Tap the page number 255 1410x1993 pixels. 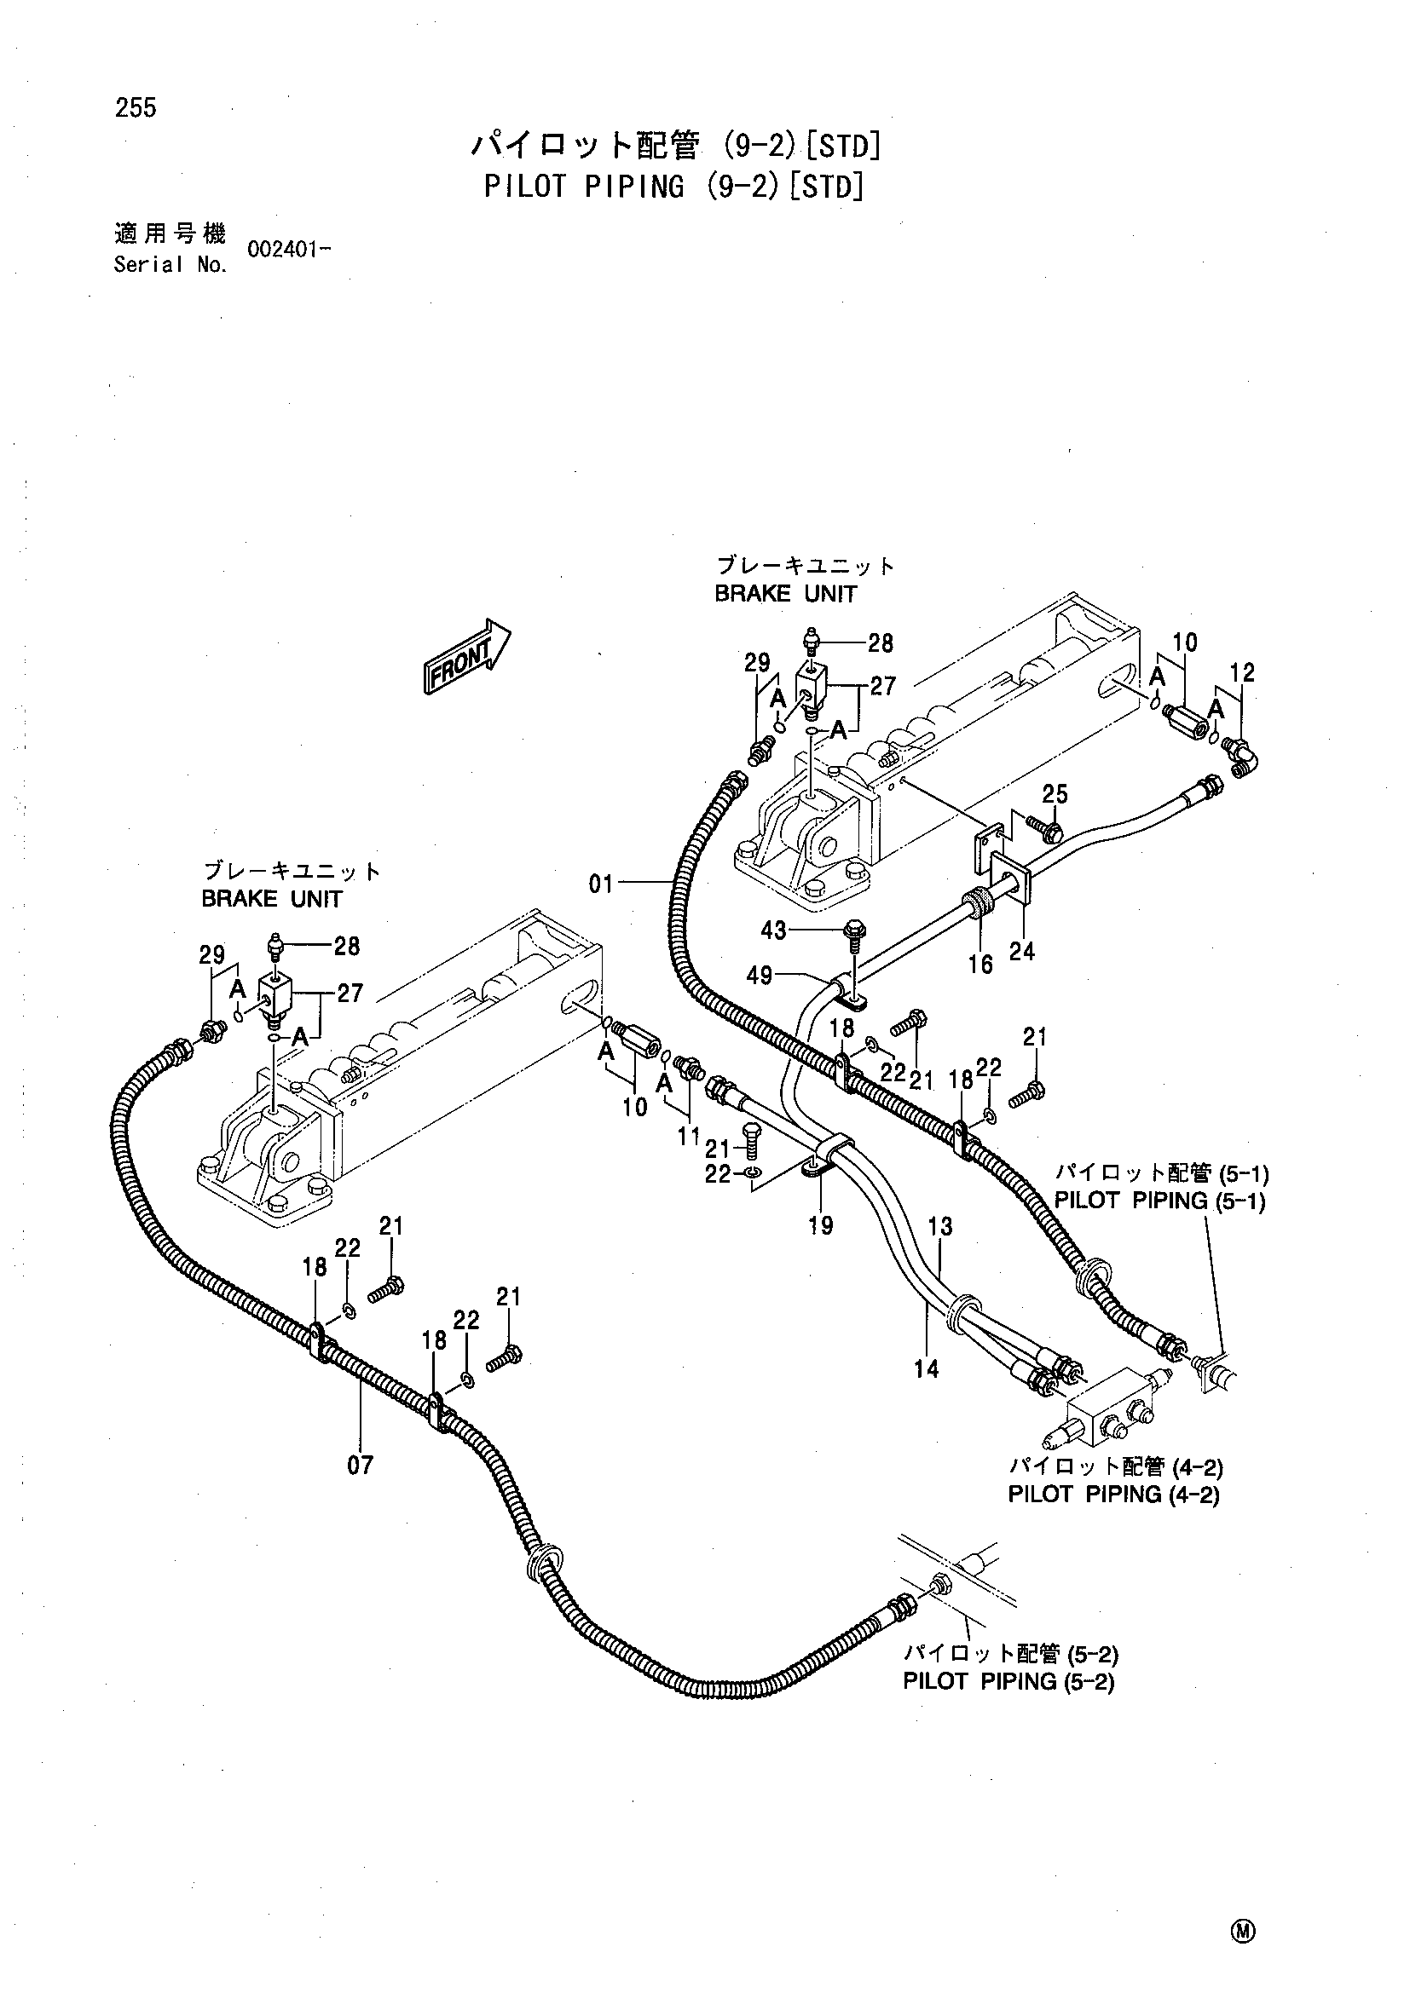[136, 107]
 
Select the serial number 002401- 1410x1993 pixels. [289, 250]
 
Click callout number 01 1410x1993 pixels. [601, 884]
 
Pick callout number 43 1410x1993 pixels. [772, 930]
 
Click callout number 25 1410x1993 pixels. [1055, 794]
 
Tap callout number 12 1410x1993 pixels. [1242, 673]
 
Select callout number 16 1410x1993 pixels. [980, 965]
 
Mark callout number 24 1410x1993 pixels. [1022, 953]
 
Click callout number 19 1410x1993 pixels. [820, 1225]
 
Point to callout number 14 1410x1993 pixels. [927, 1370]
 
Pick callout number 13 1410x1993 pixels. [940, 1226]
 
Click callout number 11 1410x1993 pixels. [690, 1135]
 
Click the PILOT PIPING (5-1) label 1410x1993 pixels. [1159, 1201]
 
